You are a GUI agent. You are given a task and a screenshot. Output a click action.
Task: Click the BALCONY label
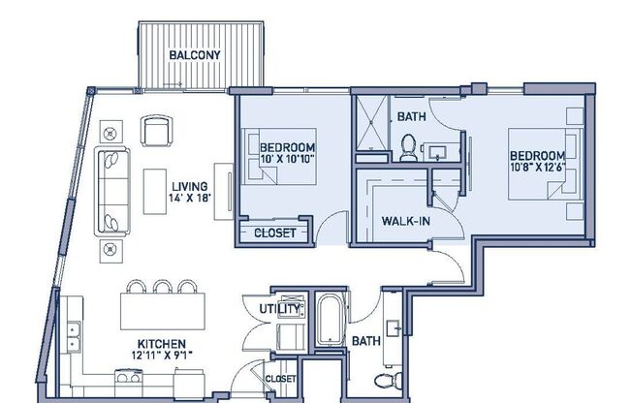click(201, 55)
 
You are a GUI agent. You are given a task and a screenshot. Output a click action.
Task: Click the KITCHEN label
click(161, 344)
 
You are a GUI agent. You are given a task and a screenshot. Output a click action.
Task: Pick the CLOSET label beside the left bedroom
click(274, 232)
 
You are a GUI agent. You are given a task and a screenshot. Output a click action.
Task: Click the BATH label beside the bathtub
click(364, 341)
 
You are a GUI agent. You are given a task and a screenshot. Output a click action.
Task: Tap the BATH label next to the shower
click(412, 117)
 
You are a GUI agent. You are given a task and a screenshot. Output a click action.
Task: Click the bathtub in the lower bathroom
click(330, 324)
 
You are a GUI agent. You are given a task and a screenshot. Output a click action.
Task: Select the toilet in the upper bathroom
click(409, 147)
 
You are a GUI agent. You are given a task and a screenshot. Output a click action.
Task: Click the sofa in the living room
click(111, 191)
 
